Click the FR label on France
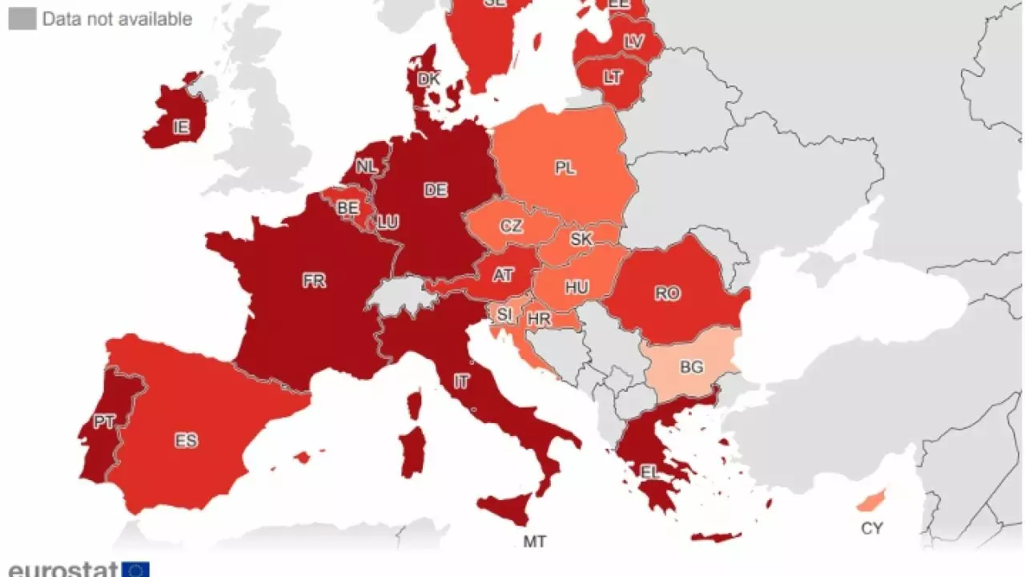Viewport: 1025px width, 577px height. (x=314, y=281)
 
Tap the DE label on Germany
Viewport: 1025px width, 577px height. (x=436, y=190)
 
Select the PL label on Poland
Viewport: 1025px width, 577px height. (x=565, y=167)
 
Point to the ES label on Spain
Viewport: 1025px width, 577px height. (x=186, y=440)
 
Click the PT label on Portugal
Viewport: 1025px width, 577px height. (x=104, y=422)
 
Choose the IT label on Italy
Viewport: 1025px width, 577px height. (x=461, y=381)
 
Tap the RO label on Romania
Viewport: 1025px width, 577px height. (x=667, y=293)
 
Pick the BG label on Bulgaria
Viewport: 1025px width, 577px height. (x=691, y=366)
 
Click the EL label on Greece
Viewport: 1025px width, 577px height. (x=649, y=472)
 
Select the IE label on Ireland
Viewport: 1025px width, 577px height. (x=182, y=126)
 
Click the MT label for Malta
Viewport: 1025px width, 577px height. (x=535, y=542)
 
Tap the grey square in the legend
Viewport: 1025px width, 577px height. (x=22, y=18)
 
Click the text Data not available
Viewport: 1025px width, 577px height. (x=117, y=18)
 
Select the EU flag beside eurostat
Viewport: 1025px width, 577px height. (x=135, y=570)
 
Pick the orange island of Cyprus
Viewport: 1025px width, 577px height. (x=870, y=500)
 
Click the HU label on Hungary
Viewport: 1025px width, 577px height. (x=577, y=287)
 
